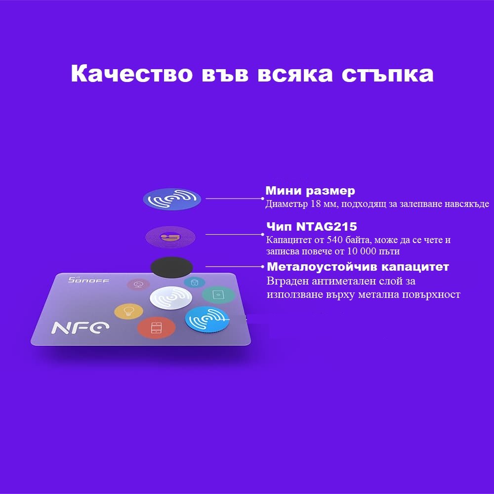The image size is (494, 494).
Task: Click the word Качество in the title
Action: tap(132, 74)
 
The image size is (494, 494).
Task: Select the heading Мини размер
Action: tap(310, 191)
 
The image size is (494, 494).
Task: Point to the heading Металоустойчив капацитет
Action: tap(358, 267)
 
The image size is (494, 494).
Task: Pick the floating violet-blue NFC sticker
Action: tap(172, 199)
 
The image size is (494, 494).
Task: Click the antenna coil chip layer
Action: tap(170, 237)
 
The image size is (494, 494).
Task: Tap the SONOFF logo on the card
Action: tap(89, 280)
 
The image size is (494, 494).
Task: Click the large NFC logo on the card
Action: tap(81, 328)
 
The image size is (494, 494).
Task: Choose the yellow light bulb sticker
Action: tap(128, 311)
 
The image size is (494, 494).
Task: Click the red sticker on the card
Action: tap(156, 328)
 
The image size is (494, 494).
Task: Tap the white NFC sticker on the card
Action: tap(171, 298)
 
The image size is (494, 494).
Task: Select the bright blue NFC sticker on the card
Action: tap(207, 319)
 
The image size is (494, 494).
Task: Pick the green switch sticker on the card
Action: tap(218, 295)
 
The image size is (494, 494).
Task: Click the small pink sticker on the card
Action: tap(138, 284)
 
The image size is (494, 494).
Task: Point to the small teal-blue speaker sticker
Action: tap(194, 282)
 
